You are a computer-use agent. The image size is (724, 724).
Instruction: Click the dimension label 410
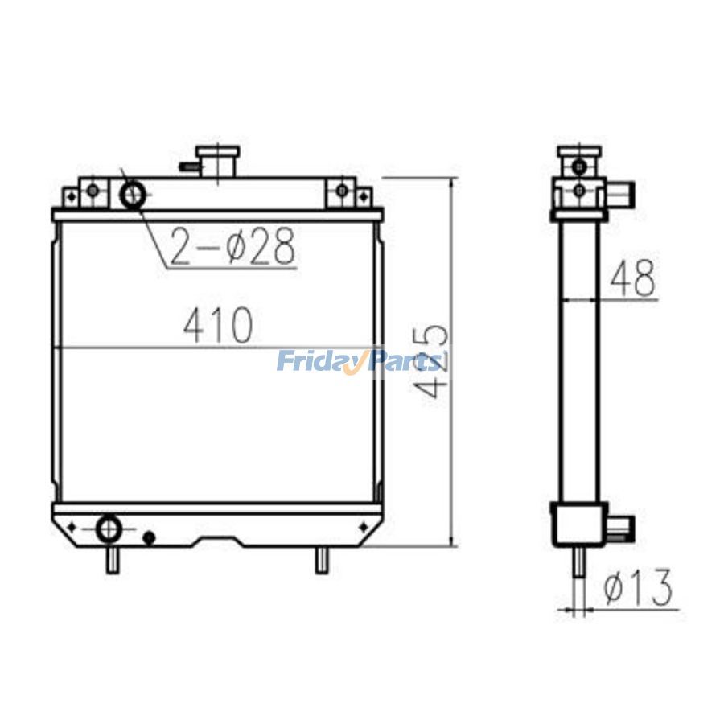coord(218,324)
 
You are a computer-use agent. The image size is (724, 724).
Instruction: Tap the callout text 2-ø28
coord(232,247)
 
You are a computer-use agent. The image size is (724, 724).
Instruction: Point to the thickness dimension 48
coord(632,278)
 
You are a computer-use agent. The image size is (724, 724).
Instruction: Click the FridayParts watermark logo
coord(360,361)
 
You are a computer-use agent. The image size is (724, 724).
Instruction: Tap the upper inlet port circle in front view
coord(133,193)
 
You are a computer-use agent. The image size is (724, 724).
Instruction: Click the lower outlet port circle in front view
coord(108,529)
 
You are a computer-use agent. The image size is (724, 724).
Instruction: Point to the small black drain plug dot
coord(148,537)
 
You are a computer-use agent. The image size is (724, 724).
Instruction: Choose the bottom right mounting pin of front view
coord(321,560)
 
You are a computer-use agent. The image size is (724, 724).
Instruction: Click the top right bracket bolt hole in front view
coord(342,191)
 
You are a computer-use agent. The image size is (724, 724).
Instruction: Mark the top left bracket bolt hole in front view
coord(93,191)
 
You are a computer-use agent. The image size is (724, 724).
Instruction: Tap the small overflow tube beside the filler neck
coord(189,167)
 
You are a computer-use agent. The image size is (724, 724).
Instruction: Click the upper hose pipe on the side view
coord(622,194)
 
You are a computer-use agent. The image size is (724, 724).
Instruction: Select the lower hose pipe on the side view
coord(622,528)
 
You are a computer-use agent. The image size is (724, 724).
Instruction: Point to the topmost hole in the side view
coord(579,166)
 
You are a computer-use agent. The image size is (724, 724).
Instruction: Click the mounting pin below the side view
coord(578,563)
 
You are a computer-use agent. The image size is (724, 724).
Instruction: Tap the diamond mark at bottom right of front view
coord(364,527)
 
